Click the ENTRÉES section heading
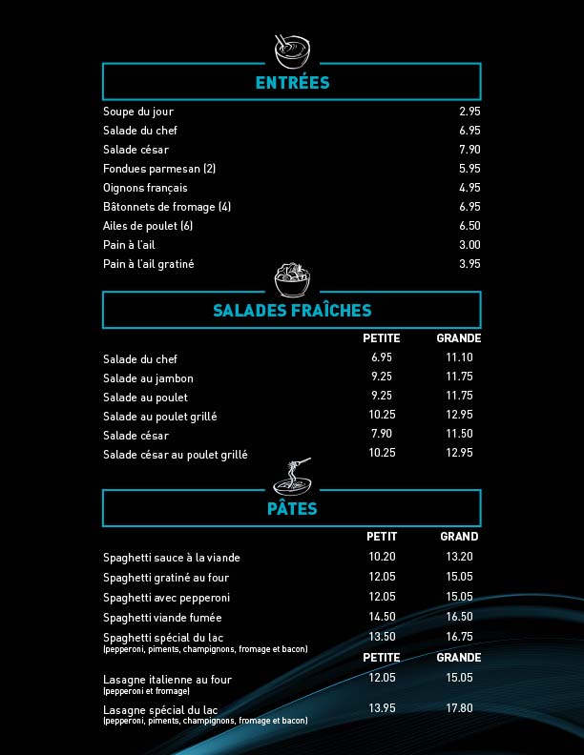[292, 83]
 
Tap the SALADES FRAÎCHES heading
[292, 311]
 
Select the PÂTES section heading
[292, 509]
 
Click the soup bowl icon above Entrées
[292, 47]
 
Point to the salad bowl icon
[292, 279]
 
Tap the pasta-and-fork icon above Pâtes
[292, 473]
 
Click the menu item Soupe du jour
[138, 112]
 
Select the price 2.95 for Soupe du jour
[469, 112]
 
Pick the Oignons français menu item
[145, 188]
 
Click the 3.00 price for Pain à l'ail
[469, 245]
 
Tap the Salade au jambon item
[148, 378]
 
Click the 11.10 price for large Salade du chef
[459, 357]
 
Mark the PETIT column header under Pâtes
[382, 537]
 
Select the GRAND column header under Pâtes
[459, 537]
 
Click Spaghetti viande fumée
[162, 618]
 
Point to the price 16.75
[459, 636]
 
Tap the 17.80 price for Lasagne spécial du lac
[459, 707]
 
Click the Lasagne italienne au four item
[167, 680]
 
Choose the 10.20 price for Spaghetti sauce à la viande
[382, 557]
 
